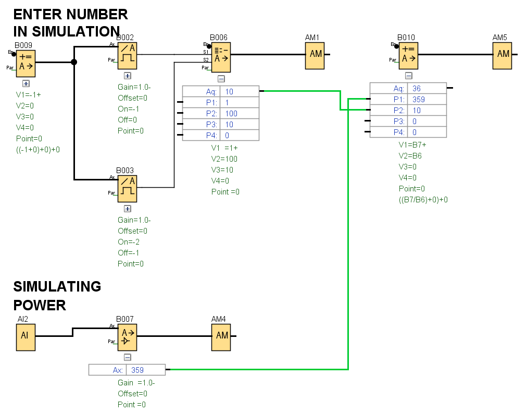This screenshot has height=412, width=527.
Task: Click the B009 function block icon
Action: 26,62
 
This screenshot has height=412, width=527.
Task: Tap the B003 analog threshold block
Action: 127,186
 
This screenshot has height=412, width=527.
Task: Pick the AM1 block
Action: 315,54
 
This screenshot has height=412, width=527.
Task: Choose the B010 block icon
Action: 408,54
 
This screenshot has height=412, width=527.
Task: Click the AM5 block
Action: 503,54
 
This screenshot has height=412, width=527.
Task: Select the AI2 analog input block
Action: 25,336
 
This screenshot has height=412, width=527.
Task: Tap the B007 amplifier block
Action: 127,336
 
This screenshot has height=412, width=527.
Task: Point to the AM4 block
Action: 221,336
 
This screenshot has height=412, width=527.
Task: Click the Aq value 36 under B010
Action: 417,88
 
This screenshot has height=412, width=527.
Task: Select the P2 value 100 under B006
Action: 231,113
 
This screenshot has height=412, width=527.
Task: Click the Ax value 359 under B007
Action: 137,370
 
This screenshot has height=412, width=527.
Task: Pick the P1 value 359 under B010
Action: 418,99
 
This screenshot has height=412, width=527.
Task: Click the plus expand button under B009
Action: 26,83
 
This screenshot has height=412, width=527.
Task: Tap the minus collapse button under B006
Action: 221,79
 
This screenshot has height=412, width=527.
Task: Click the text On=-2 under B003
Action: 129,242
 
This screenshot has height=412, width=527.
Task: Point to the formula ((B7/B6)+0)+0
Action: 423,200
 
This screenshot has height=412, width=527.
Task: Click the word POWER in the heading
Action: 40,305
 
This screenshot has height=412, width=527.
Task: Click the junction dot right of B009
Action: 74,62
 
